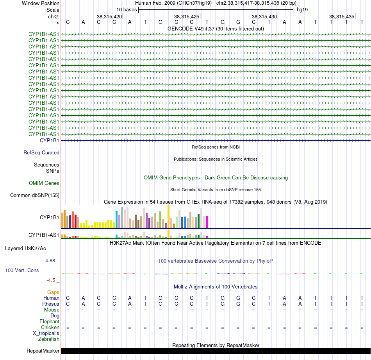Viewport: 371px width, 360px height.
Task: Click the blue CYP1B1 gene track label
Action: pyautogui.click(x=49, y=140)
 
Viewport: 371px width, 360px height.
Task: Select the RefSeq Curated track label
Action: pyautogui.click(x=41, y=152)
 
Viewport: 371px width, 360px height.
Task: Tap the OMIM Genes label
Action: pyautogui.click(x=44, y=183)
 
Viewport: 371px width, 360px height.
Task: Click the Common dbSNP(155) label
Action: pyautogui.click(x=35, y=195)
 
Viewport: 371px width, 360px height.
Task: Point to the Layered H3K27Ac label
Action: pyautogui.click(x=25, y=249)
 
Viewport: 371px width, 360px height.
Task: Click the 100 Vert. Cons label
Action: pyautogui.click(x=22, y=270)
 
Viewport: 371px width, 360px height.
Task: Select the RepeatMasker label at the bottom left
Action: pyautogui.click(x=43, y=351)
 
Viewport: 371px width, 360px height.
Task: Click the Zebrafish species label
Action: pyautogui.click(x=49, y=339)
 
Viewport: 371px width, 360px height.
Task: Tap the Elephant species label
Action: pyautogui.click(x=50, y=321)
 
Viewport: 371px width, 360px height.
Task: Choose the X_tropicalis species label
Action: pyautogui.click(x=46, y=333)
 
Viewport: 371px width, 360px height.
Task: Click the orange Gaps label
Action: pyautogui.click(x=53, y=292)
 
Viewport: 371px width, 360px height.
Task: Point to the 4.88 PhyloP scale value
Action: pyautogui.click(x=50, y=261)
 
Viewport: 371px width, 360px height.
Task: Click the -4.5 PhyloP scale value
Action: pyautogui.click(x=51, y=280)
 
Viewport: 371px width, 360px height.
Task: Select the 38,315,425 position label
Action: pyautogui.click(x=187, y=16)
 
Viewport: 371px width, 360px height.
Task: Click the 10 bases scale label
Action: pyautogui.click(x=127, y=10)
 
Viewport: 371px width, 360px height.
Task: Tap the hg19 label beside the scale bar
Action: pyautogui.click(x=302, y=10)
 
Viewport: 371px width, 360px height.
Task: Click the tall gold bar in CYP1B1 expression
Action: pyautogui.click(x=168, y=217)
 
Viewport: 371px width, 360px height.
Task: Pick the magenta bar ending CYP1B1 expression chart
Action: pyautogui.click(x=207, y=222)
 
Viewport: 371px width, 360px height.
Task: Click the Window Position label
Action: pyautogui.click(x=41, y=3)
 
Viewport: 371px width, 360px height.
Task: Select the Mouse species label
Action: pyautogui.click(x=52, y=310)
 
